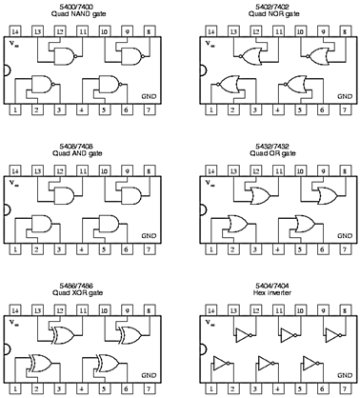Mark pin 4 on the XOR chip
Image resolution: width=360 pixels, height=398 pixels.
81,389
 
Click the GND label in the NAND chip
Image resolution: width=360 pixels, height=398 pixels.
148,94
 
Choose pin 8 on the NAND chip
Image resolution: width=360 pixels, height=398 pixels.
148,31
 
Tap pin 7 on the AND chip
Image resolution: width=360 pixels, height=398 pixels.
148,250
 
